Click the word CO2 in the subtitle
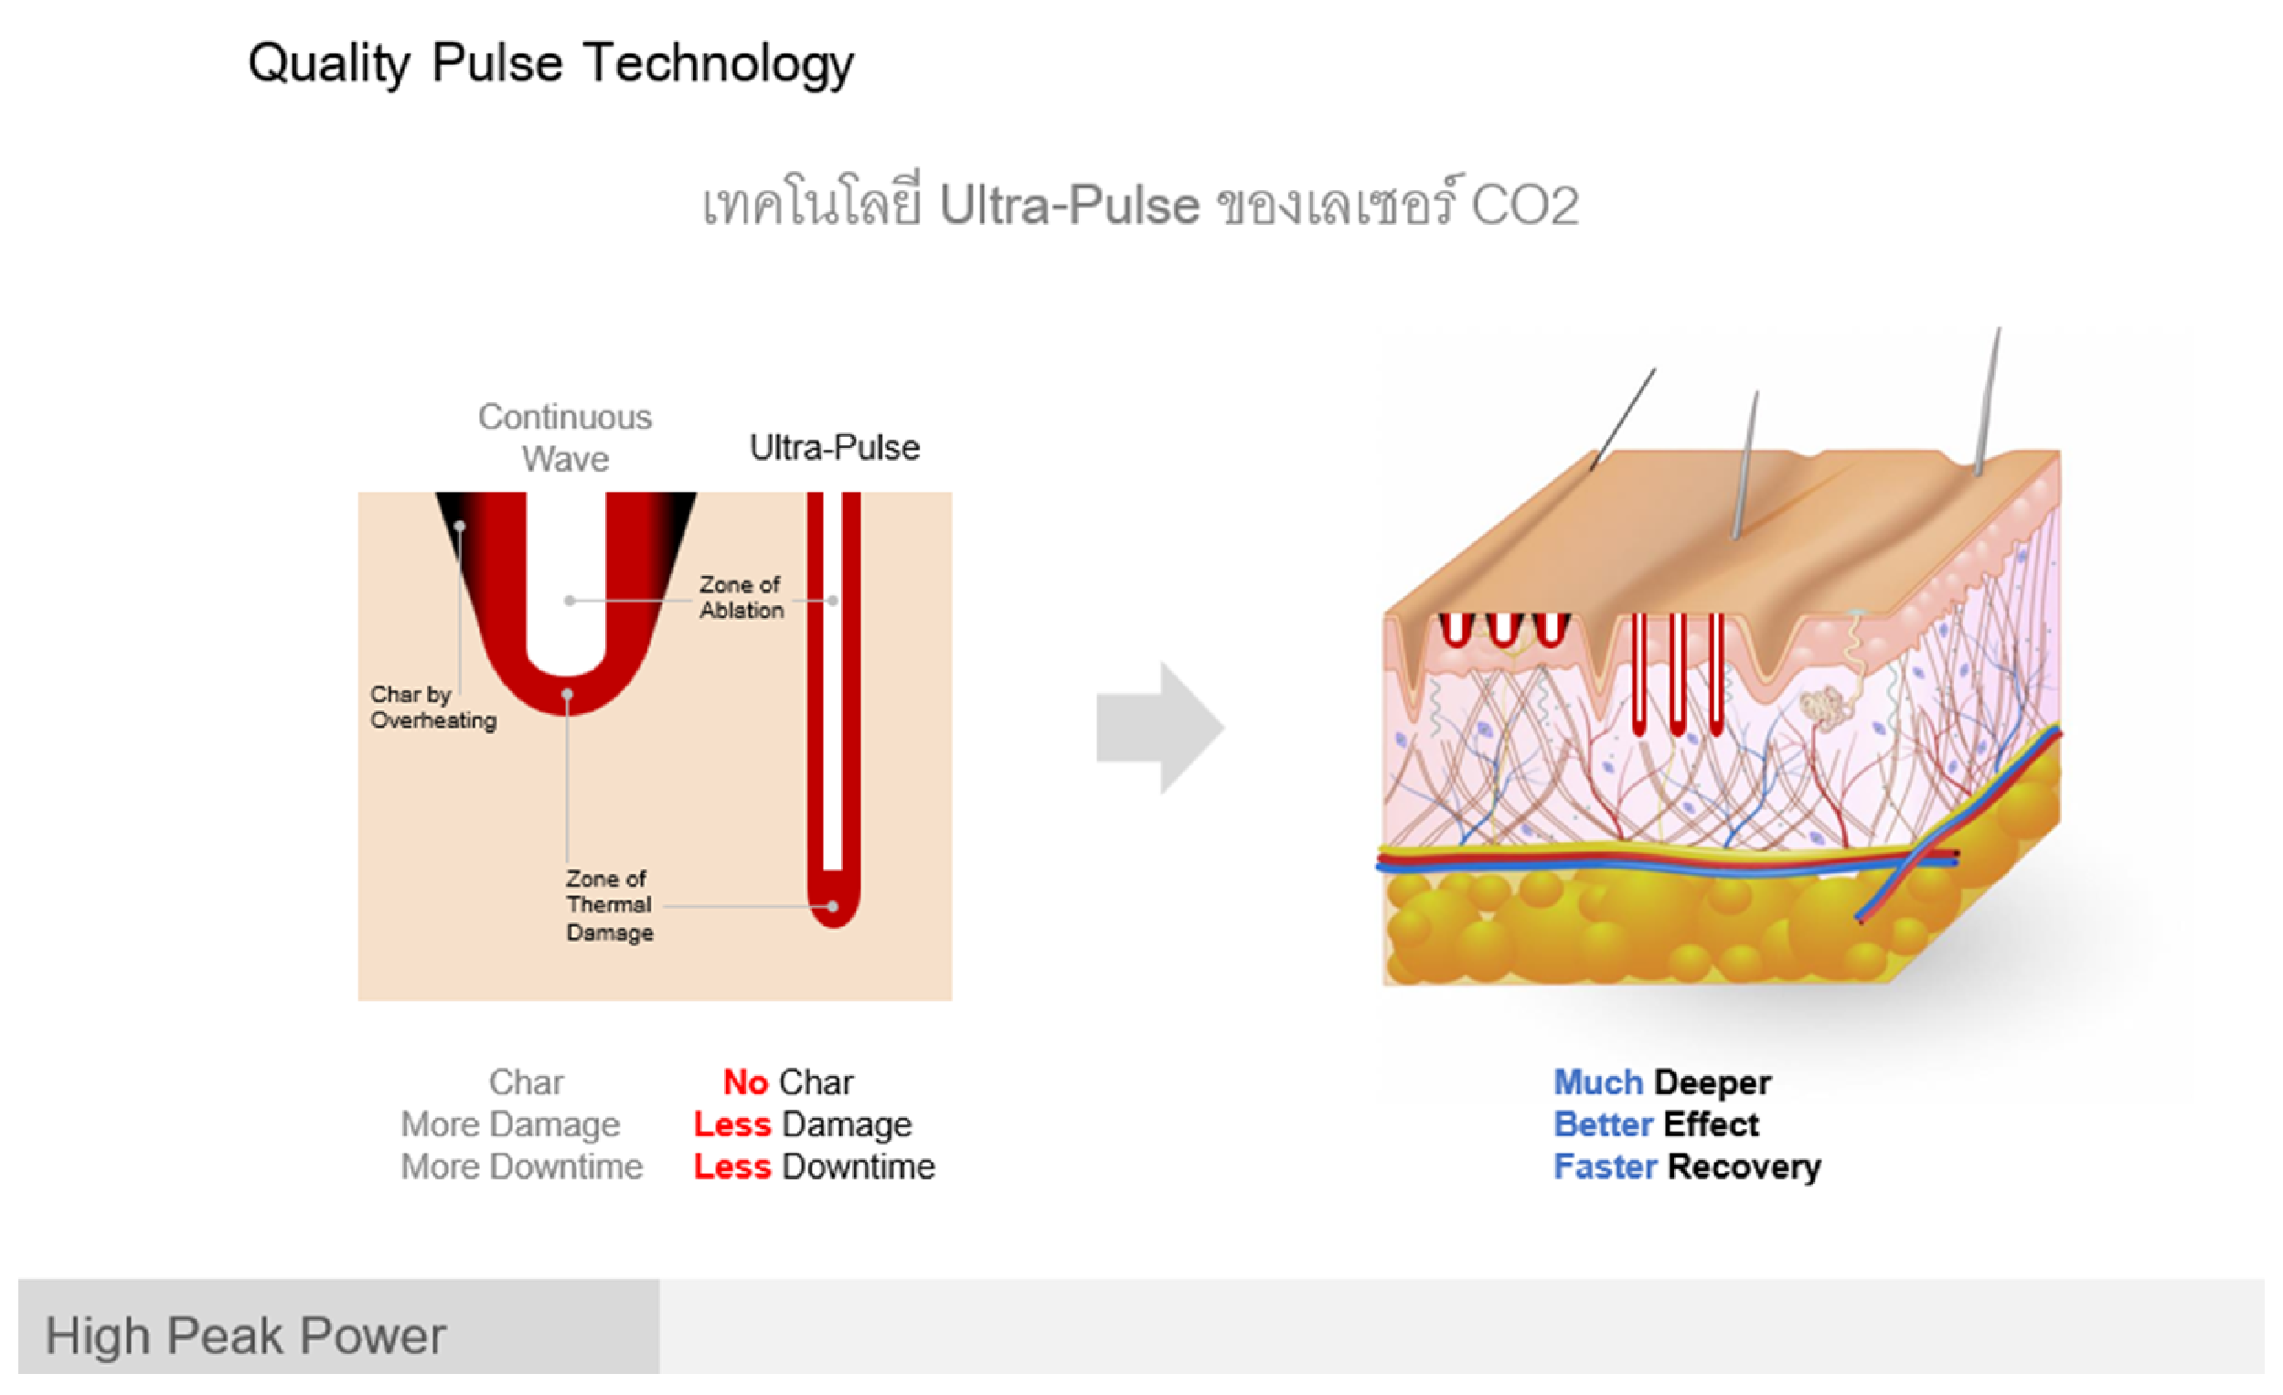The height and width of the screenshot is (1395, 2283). (1524, 205)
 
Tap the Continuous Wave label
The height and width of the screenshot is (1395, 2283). (565, 437)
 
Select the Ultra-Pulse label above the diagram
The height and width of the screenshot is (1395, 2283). (834, 448)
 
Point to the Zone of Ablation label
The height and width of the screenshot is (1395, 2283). (741, 598)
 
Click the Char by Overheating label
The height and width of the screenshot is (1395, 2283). (432, 707)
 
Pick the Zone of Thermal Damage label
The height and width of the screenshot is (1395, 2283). (609, 905)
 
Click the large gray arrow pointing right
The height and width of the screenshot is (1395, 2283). (1160, 727)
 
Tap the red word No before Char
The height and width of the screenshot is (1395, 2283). (745, 1082)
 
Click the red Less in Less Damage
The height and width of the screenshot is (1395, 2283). (732, 1124)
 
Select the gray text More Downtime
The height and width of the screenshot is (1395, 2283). (521, 1167)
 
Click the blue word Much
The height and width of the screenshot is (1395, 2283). (1597, 1082)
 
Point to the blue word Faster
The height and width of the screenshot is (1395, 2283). (1605, 1167)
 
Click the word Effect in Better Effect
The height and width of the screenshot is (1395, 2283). (1711, 1124)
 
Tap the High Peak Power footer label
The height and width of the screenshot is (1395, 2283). (246, 1336)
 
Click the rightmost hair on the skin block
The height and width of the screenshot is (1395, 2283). (1988, 399)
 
